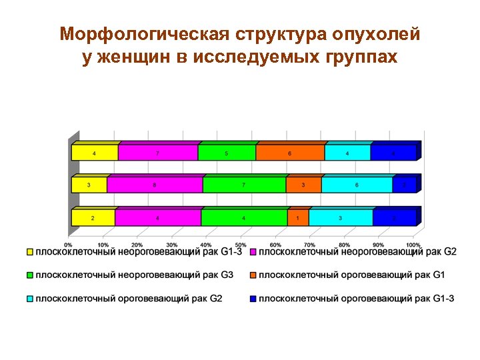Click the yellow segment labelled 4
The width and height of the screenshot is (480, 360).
[95, 153]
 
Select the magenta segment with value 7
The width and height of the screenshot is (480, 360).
[158, 153]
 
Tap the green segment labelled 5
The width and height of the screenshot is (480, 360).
[227, 153]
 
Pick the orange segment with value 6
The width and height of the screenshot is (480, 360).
[290, 153]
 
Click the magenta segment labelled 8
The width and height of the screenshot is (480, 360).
[155, 185]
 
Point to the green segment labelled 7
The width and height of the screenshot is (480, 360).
[244, 185]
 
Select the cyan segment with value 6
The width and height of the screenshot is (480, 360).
[357, 185]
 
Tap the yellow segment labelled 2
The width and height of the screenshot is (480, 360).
[93, 218]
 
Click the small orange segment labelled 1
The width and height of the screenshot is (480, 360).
[298, 218]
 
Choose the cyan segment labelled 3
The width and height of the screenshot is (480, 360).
[341, 218]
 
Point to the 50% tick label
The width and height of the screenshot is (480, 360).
[241, 235]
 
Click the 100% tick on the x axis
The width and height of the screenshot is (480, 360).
[413, 235]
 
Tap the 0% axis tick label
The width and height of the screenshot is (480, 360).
[69, 235]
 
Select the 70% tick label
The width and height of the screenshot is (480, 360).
[310, 235]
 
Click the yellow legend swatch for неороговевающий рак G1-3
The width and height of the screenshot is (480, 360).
[30, 252]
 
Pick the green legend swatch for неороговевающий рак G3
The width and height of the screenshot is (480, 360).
[30, 275]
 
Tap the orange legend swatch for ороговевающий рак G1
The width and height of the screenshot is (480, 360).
[253, 275]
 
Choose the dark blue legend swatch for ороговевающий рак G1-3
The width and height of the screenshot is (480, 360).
[253, 298]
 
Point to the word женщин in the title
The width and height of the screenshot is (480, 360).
[136, 57]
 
